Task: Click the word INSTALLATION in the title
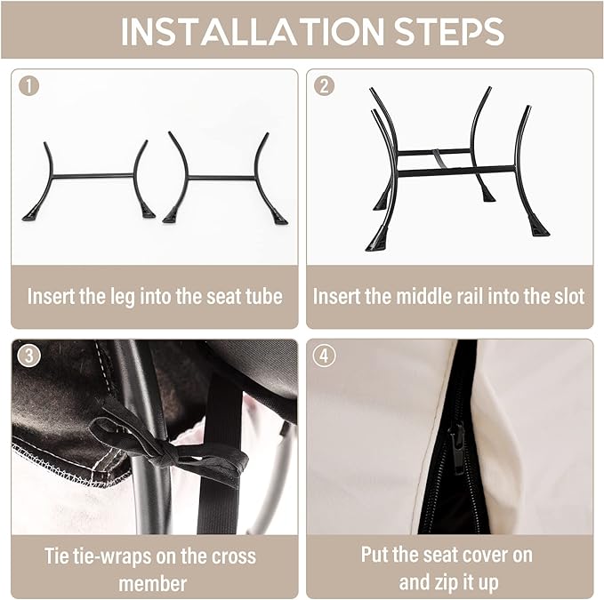click(x=253, y=31)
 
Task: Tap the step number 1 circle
click(x=28, y=86)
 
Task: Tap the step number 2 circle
click(x=324, y=86)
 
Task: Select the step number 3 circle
click(x=28, y=356)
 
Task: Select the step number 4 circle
click(x=324, y=356)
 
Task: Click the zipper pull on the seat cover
click(x=458, y=448)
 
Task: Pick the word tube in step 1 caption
click(x=264, y=297)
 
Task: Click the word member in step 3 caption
click(x=152, y=584)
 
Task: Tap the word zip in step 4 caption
click(x=447, y=583)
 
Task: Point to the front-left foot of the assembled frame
click(x=377, y=241)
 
